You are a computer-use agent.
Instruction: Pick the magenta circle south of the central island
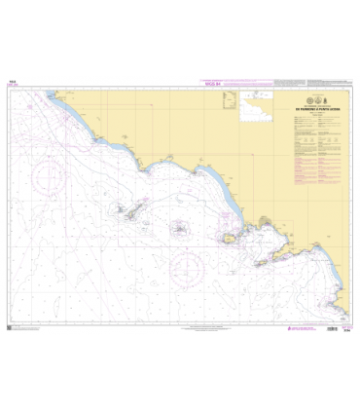(x=186, y=262)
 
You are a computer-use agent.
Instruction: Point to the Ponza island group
(x=125, y=210)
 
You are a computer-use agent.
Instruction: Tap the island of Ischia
(x=230, y=238)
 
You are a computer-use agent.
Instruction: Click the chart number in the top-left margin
(x=12, y=84)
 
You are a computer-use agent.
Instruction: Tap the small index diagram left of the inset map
(x=232, y=100)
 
